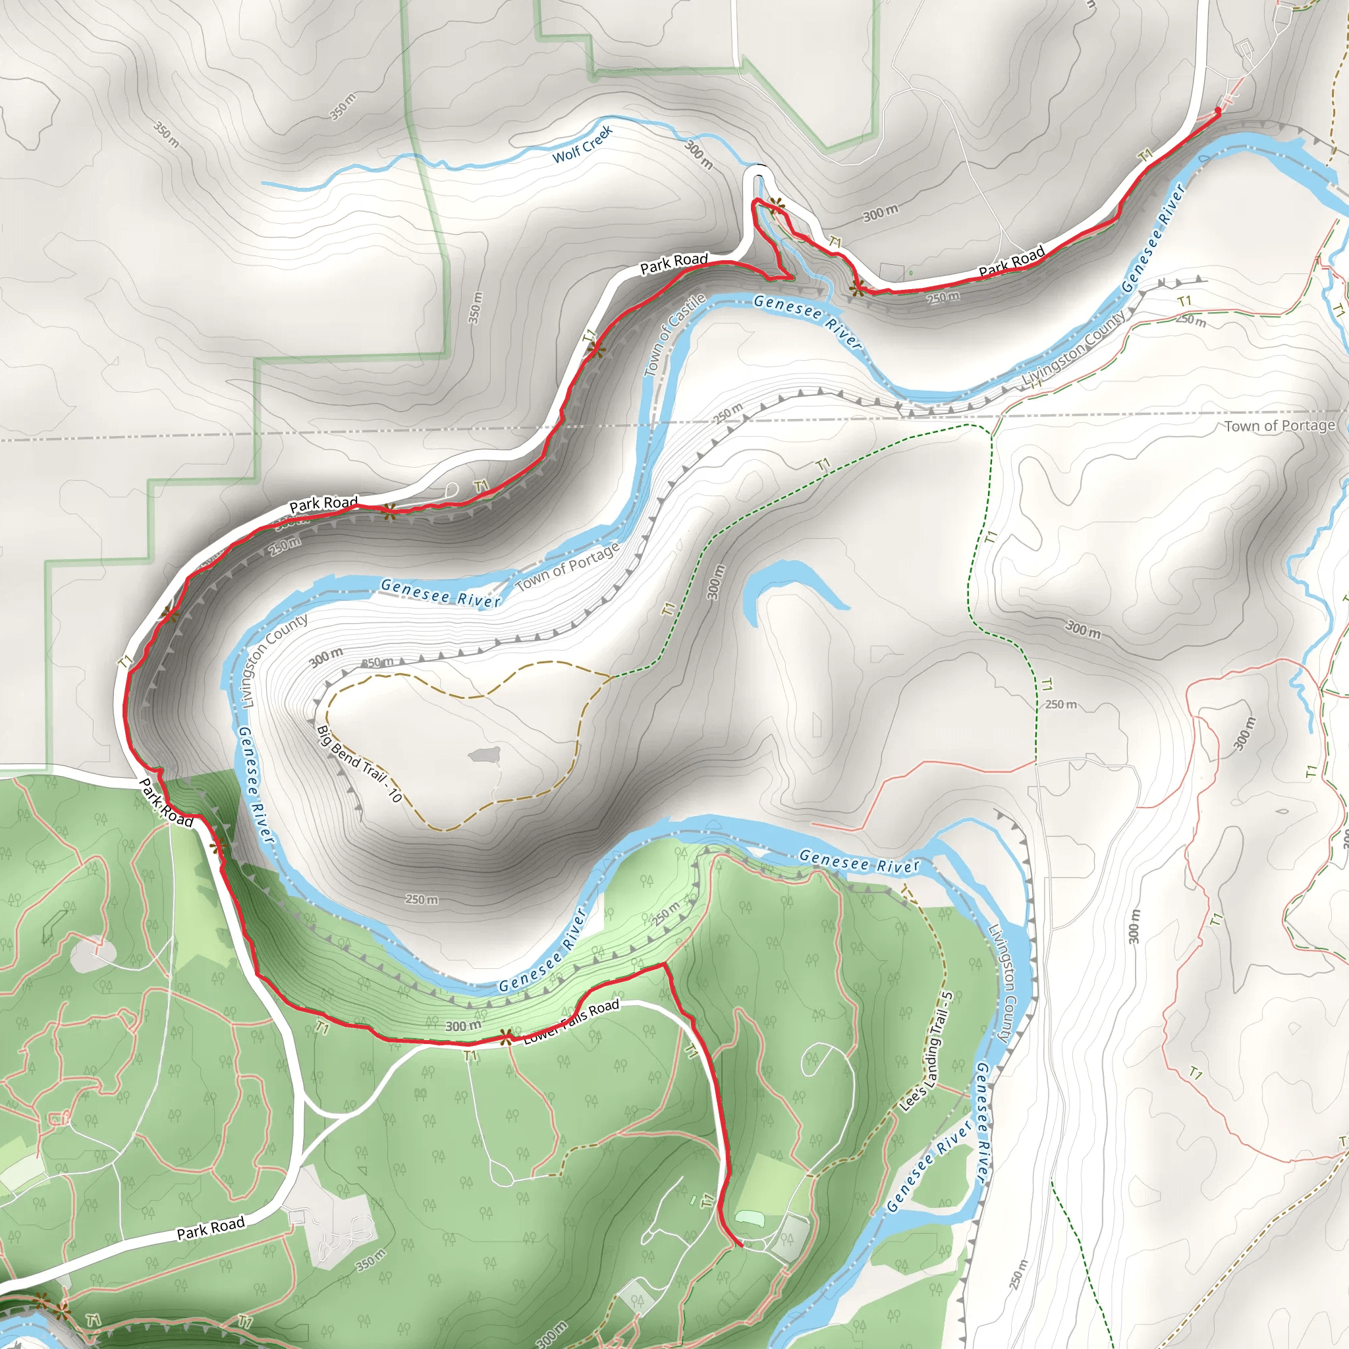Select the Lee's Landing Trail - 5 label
pos(927,1051)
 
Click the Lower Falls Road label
pos(571,1021)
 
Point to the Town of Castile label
pos(674,335)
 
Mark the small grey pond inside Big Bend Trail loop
pos(485,755)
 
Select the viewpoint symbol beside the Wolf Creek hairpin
pos(775,206)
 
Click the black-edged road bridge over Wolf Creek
pos(758,167)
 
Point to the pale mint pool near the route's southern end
pos(749,1218)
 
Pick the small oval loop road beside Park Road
pos(451,490)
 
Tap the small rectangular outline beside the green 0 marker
pos(892,272)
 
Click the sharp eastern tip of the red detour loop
pos(792,277)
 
